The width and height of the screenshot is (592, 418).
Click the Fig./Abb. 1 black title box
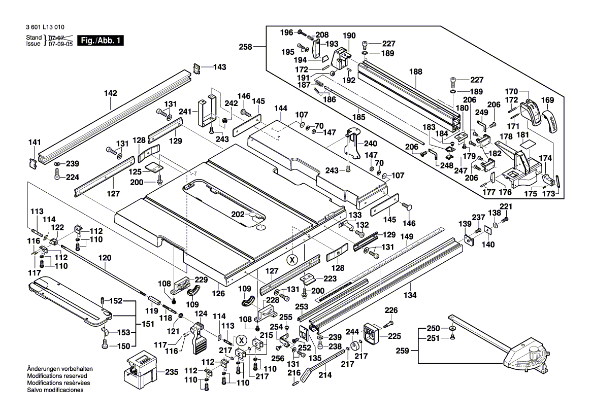tap(100, 41)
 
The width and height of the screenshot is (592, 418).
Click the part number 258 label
tap(246, 47)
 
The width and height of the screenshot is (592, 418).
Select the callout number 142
tap(110, 93)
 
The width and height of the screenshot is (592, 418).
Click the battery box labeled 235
tap(138, 372)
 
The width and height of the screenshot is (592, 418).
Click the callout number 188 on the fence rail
tap(416, 72)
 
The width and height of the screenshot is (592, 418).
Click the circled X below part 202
tap(291, 260)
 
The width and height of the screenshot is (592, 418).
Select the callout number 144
tap(281, 109)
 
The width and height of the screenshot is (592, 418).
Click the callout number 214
tap(325, 375)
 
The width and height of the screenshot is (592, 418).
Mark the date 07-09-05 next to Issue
tap(60, 44)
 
